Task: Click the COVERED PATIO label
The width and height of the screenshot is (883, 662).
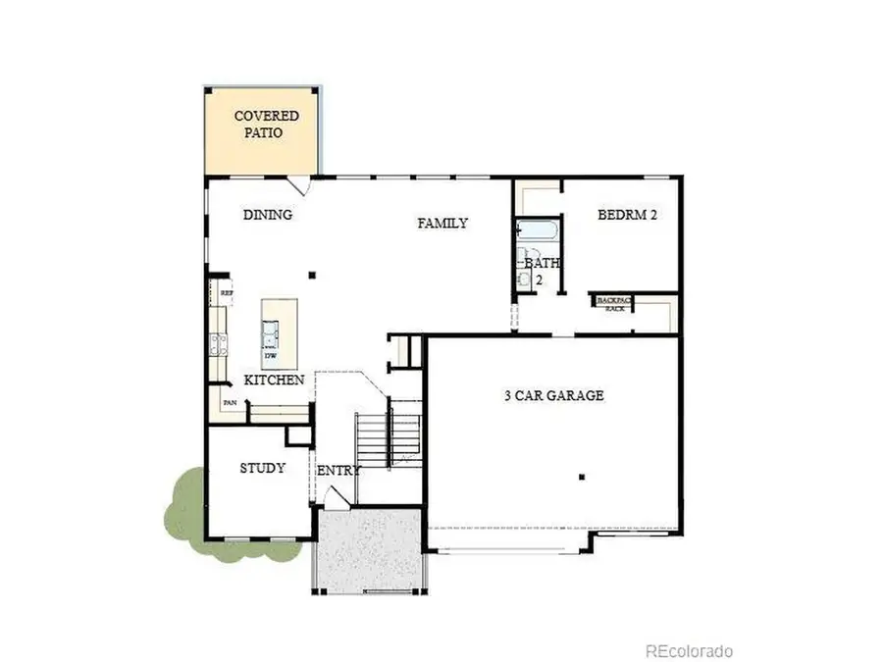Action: [x=266, y=124]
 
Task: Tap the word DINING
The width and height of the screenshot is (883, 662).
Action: [x=268, y=215]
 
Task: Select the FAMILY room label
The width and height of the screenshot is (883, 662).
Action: [x=442, y=223]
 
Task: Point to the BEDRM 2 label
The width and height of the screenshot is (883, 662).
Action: [x=627, y=215]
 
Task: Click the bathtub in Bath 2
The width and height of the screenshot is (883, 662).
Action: [x=538, y=232]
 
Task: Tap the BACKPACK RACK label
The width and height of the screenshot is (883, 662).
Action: [x=615, y=304]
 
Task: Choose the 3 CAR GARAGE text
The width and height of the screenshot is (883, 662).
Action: [x=553, y=396]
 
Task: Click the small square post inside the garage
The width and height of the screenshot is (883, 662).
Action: [x=582, y=478]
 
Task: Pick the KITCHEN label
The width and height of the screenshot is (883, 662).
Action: [x=274, y=380]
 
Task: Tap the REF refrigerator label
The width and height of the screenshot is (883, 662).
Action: [x=226, y=292]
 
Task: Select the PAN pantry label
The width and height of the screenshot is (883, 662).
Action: [x=230, y=402]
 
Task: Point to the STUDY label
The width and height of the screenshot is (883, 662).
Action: [x=263, y=468]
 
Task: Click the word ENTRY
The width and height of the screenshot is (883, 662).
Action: [x=338, y=471]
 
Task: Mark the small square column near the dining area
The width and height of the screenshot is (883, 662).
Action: [x=312, y=276]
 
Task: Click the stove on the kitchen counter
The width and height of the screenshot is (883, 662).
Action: [x=217, y=344]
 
